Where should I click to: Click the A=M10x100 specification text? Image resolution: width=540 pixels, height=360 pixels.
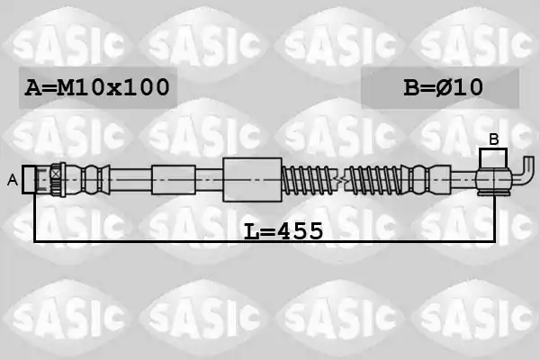[97, 87]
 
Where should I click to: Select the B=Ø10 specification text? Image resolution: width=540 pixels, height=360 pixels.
[443, 87]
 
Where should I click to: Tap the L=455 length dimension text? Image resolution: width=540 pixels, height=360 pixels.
[283, 231]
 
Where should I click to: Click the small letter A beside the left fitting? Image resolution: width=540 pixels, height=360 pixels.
[13, 180]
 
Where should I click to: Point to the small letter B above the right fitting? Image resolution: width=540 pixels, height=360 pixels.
[494, 139]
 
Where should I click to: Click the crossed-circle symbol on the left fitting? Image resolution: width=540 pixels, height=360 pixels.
[55, 174]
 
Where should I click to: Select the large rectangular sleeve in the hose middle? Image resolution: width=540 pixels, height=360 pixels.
[252, 179]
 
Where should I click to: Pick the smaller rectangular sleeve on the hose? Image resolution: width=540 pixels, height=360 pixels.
[174, 179]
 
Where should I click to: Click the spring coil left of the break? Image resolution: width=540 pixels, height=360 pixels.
[309, 179]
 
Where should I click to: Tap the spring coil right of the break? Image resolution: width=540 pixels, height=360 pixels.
[373, 179]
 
